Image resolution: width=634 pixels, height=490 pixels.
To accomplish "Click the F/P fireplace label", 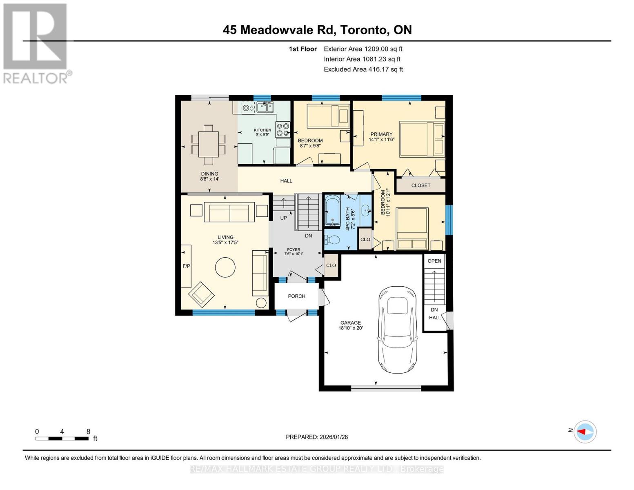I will point(186,266).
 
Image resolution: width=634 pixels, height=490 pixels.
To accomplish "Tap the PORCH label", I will point(296,296).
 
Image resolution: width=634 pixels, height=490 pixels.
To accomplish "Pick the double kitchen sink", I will point(265,107).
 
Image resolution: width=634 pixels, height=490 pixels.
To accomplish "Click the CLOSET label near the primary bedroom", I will point(420,185).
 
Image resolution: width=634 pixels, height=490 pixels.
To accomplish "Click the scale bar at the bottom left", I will point(62,439).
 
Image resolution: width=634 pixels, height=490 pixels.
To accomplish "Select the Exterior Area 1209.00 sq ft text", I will point(363,49).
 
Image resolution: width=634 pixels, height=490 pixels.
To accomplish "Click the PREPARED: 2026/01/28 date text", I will point(317,437).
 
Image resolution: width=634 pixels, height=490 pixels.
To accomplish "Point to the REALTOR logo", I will point(36,43).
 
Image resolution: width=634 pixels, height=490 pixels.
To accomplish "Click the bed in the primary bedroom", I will point(422,139).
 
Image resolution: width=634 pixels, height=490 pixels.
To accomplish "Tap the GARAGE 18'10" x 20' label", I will point(350,325).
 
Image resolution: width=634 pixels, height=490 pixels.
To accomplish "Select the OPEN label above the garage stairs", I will point(434,261).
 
